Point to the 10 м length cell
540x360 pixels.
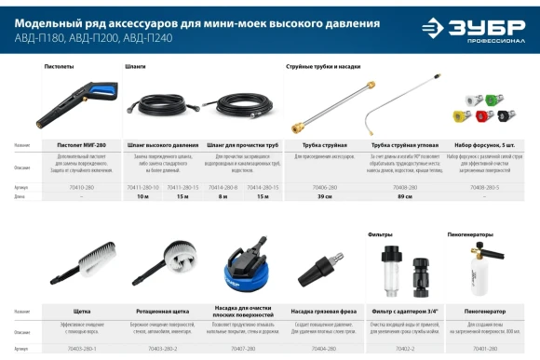point(142,198)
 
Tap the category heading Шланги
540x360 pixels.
point(135,68)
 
